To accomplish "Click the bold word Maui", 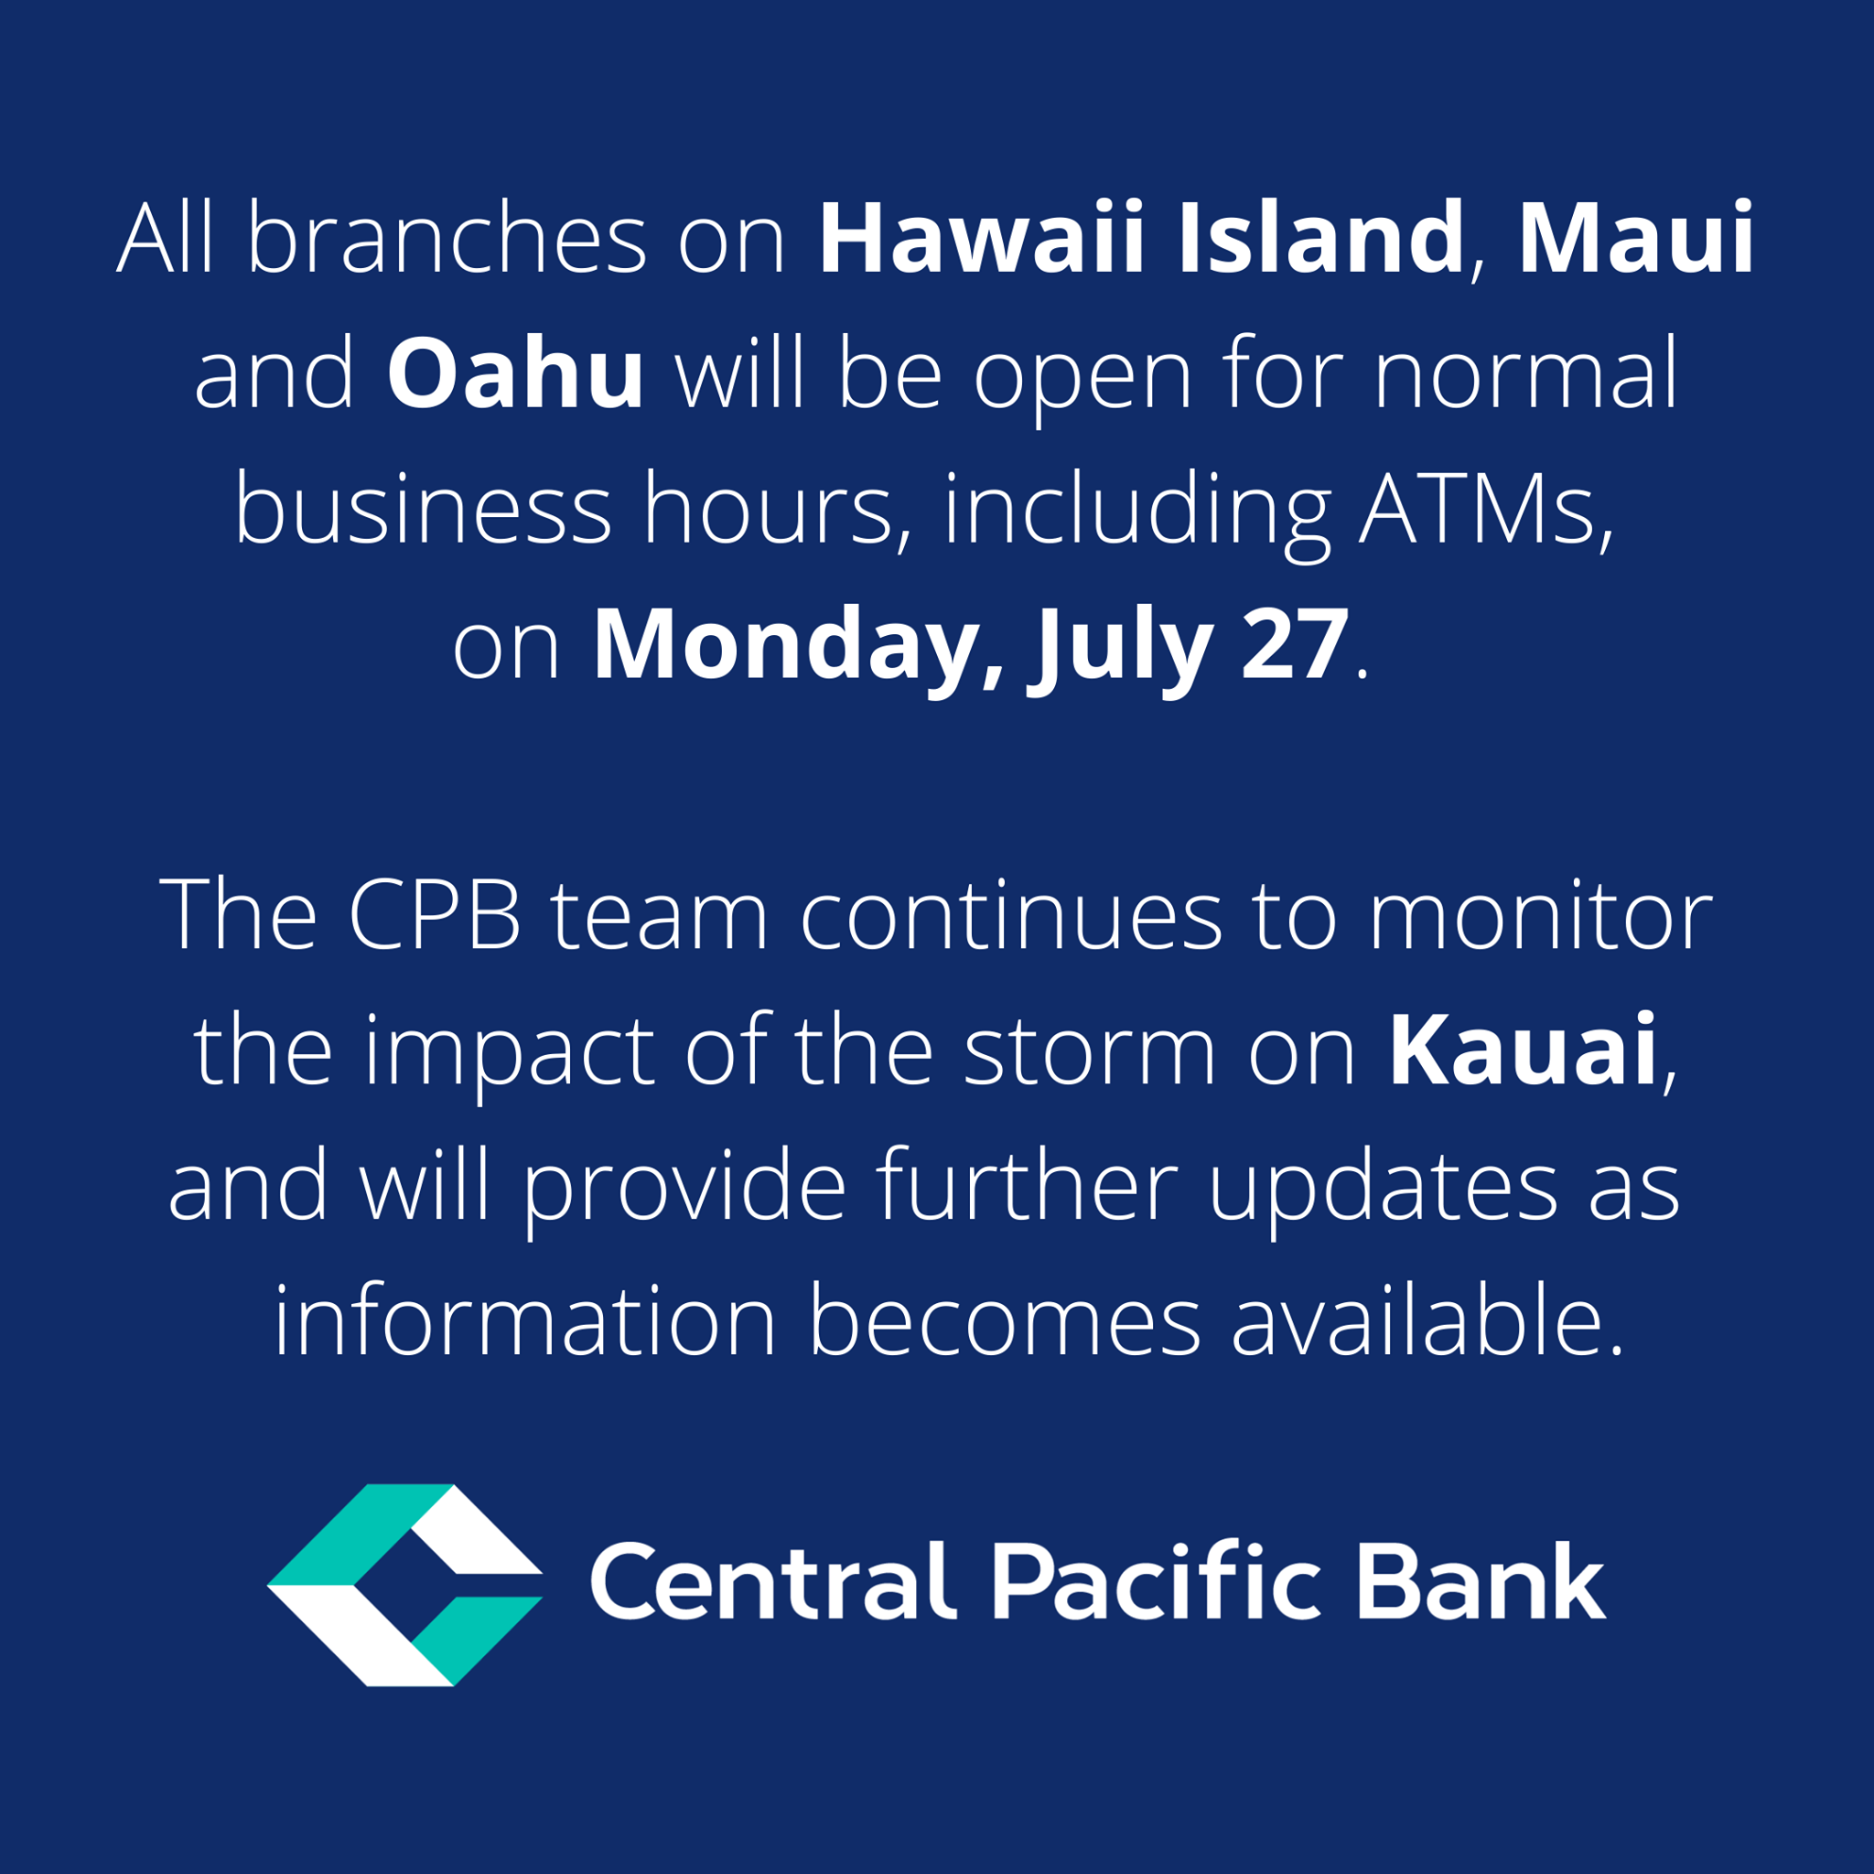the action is tap(1636, 237).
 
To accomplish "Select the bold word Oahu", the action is tap(515, 372).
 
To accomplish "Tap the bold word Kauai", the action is tap(1523, 1050).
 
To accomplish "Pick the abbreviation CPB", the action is tap(435, 915).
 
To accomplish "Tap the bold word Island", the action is tap(1321, 237).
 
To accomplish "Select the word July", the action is tap(1120, 650).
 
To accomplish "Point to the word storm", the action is tap(1090, 1052).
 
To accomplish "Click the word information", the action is tap(526, 1322).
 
